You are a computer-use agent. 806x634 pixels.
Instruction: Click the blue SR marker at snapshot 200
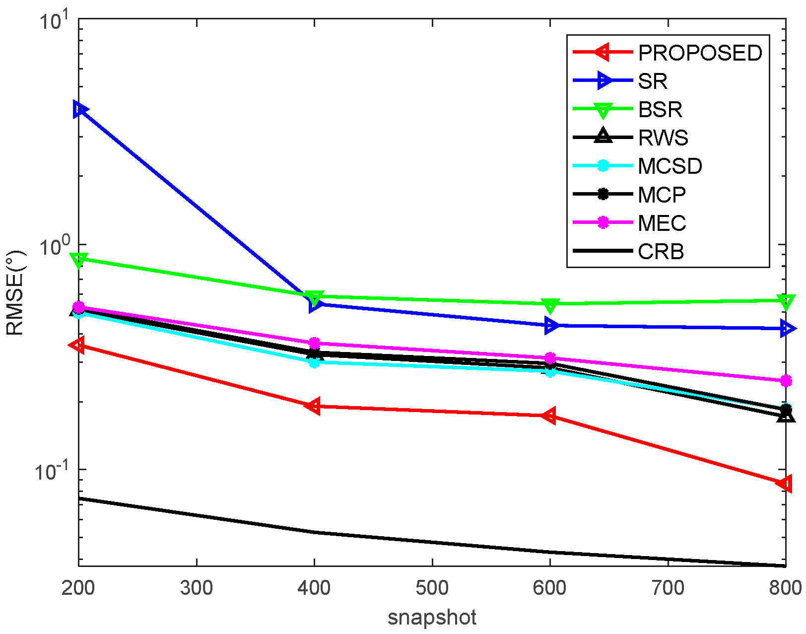(79, 109)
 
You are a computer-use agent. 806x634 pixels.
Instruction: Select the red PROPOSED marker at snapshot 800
(785, 483)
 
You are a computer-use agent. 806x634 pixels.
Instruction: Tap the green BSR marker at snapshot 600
(550, 305)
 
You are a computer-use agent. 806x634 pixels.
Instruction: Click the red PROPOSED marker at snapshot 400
(313, 406)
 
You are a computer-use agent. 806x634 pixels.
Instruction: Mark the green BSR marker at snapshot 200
(79, 260)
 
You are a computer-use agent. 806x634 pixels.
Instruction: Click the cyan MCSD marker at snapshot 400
(314, 362)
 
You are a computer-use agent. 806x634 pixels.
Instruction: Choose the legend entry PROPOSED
(700, 53)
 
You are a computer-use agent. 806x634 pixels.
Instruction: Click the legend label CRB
(661, 252)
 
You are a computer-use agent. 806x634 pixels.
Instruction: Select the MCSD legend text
(670, 166)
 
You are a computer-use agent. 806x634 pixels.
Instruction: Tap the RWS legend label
(663, 138)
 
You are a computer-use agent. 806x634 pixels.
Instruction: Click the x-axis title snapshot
(432, 617)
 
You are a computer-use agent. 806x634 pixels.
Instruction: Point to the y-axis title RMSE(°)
(15, 293)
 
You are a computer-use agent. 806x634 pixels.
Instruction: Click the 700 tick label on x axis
(668, 588)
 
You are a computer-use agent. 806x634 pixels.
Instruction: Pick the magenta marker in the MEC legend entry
(603, 222)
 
